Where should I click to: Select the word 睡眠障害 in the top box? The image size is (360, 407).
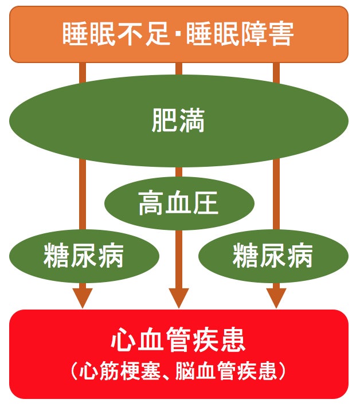coord(242,34)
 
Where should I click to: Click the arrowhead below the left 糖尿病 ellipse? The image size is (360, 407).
coord(83,297)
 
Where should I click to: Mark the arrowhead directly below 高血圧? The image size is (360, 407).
coord(178,297)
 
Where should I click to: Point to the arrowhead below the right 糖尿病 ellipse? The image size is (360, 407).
coord(276,297)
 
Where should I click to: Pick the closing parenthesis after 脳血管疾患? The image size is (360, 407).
coord(280,372)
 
